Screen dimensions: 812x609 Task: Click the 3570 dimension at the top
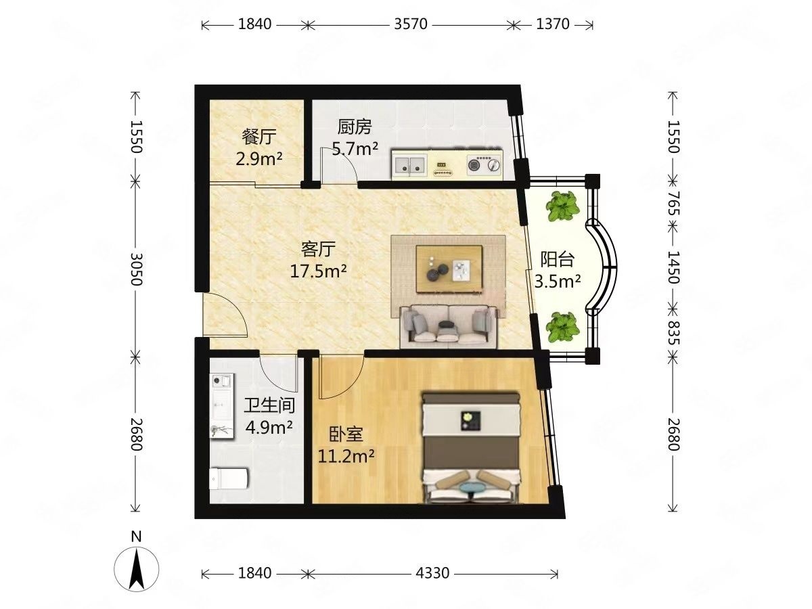(410, 24)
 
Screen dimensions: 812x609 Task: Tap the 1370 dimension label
(553, 24)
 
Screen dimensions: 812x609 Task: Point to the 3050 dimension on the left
(137, 269)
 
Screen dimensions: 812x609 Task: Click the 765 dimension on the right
(673, 203)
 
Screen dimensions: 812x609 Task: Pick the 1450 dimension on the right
(673, 267)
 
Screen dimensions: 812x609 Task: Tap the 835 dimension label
(673, 333)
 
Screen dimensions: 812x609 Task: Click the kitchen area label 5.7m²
(355, 149)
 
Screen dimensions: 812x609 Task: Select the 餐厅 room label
(259, 137)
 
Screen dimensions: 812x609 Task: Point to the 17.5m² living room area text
(318, 272)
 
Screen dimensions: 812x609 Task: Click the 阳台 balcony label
(557, 259)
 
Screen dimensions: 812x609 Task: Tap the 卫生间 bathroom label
(269, 405)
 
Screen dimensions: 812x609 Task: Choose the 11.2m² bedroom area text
(346, 457)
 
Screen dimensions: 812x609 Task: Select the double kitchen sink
(409, 164)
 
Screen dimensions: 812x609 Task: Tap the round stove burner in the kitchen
(474, 165)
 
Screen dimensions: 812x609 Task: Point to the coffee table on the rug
(449, 269)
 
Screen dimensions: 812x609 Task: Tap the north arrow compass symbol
(137, 569)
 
